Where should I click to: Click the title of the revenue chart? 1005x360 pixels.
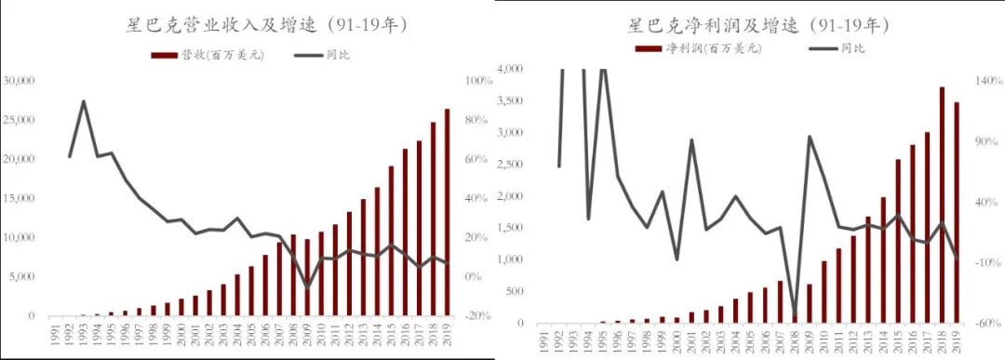[252, 23]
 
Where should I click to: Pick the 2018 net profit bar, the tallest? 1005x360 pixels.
[943, 205]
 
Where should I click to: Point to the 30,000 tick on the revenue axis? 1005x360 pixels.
[19, 81]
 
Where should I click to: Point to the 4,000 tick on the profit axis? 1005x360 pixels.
[513, 69]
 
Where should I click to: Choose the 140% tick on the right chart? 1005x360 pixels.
[986, 81]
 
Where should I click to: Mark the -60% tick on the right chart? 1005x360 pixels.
[986, 324]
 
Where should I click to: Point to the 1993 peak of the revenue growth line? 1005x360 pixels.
[84, 101]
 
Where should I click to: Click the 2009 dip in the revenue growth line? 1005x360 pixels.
[308, 287]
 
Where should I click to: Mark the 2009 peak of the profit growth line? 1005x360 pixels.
[810, 137]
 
